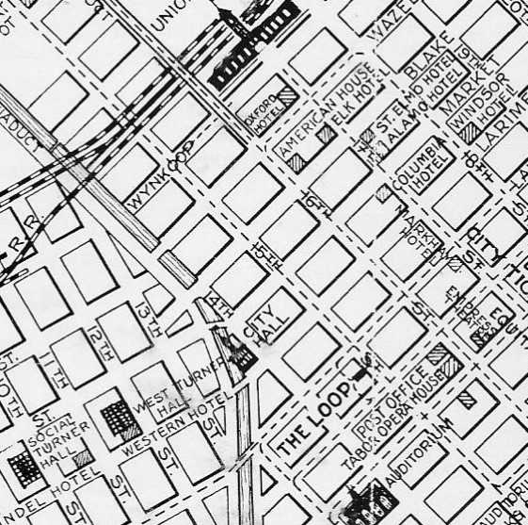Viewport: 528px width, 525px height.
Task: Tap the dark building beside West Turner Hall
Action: click(117, 416)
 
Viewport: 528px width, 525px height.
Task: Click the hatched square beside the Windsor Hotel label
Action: click(471, 134)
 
